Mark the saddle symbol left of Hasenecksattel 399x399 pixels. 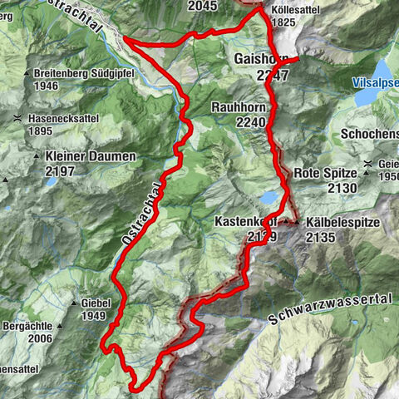coord(18,119)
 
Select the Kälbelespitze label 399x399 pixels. coord(341,223)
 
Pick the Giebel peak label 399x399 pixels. coord(96,303)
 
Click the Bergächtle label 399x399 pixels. coord(33,326)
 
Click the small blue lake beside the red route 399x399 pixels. coord(270,198)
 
